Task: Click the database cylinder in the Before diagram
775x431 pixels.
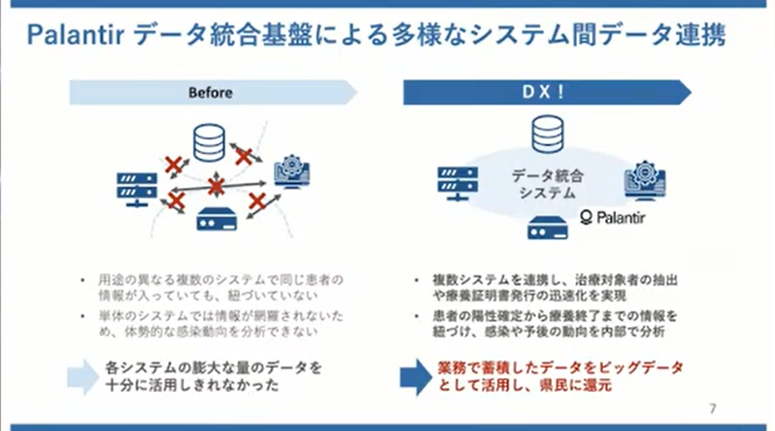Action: (209, 143)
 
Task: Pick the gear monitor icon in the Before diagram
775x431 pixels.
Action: (291, 172)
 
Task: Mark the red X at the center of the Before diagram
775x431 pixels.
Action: (216, 185)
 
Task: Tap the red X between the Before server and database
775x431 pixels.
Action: (174, 164)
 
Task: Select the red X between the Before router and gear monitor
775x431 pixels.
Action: (257, 200)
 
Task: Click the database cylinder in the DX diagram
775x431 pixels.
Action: (547, 135)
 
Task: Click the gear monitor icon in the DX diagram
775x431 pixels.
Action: (644, 182)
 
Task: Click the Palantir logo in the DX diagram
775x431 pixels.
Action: (612, 218)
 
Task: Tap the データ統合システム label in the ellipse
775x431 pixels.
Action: (547, 184)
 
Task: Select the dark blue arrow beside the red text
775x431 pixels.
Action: (415, 377)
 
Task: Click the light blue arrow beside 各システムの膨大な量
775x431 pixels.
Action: (82, 377)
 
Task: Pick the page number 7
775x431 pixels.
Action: (712, 408)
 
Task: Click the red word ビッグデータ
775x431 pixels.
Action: (646, 368)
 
